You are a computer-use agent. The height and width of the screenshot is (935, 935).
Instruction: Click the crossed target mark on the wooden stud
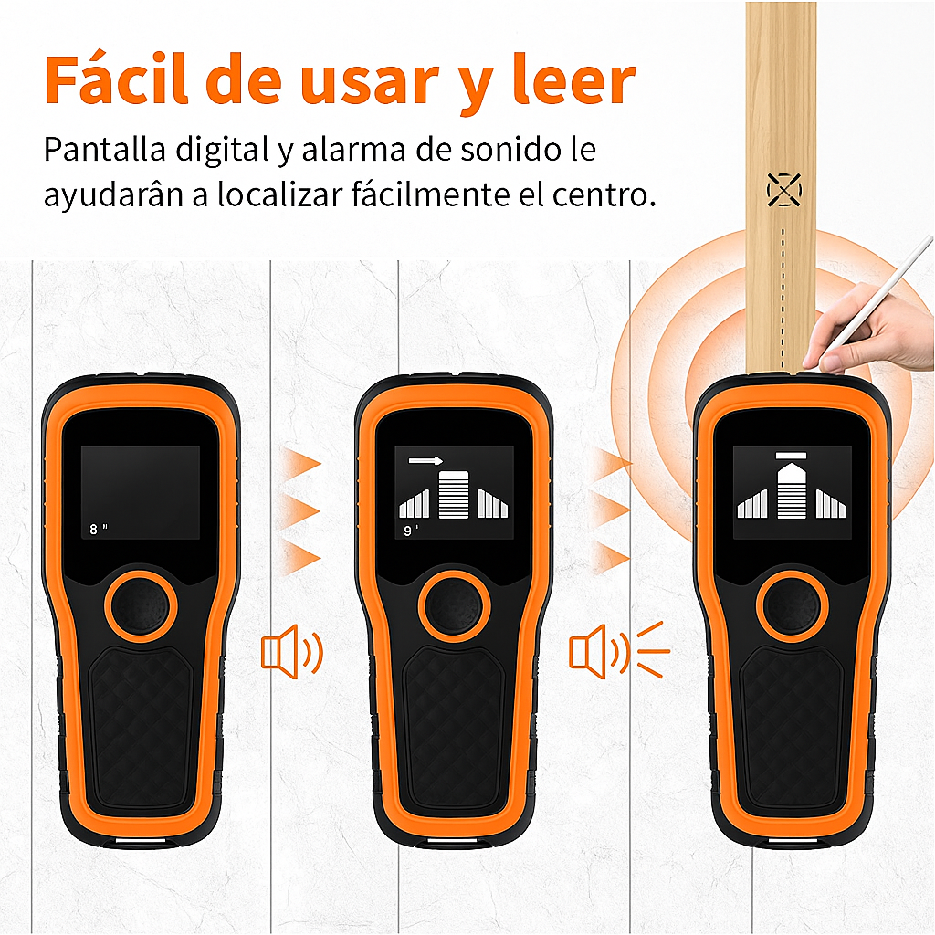point(783,190)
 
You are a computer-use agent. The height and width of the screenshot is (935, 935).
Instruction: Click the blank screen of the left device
point(141,484)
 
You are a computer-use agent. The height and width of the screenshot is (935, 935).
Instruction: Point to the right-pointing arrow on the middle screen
point(425,461)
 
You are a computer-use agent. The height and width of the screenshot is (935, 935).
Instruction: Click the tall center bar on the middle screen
point(453,495)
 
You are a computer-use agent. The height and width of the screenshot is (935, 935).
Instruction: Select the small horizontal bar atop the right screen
point(791,454)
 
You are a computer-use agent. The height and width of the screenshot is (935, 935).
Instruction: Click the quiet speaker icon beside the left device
point(291,652)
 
